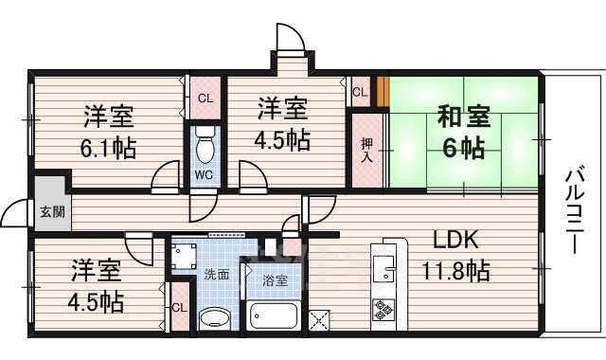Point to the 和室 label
[463, 118]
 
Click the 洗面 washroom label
[216, 275]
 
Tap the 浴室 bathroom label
[275, 280]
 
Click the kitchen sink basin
[384, 266]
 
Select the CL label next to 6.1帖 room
[204, 97]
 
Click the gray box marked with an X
[319, 319]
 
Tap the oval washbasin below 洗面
[215, 316]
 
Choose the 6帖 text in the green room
[463, 149]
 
